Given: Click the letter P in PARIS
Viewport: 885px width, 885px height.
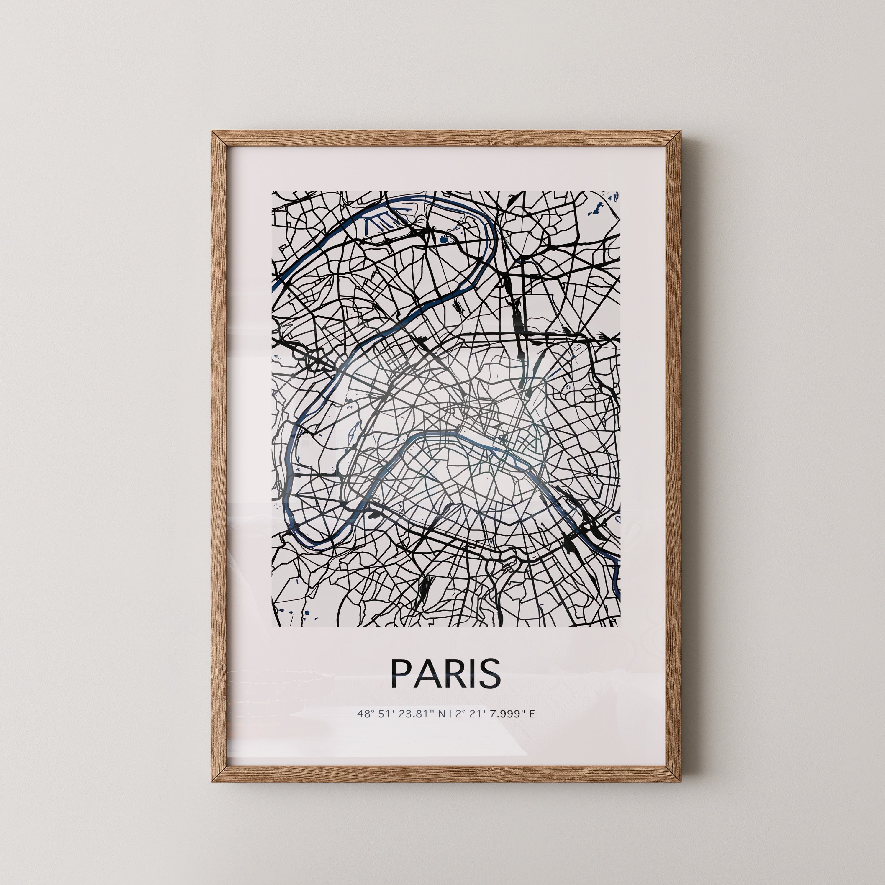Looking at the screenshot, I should (400, 673).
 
